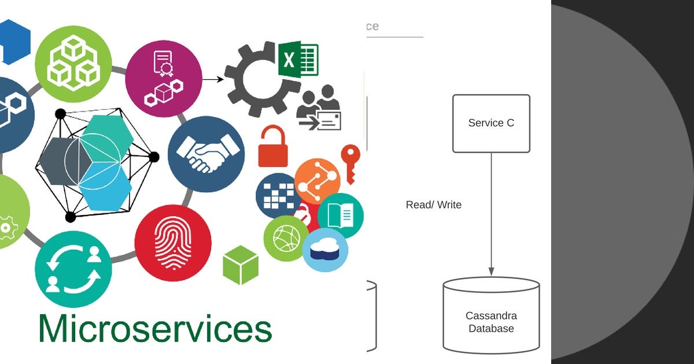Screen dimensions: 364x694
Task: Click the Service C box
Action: [491, 123]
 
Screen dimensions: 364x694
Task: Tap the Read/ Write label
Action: [433, 205]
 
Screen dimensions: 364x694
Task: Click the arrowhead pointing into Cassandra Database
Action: [491, 271]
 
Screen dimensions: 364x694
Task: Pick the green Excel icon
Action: [298, 59]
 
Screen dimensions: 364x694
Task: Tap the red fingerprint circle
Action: [173, 243]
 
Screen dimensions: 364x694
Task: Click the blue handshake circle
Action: [206, 154]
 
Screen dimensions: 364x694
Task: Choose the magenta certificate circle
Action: [164, 79]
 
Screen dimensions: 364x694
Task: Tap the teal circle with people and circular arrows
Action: [73, 269]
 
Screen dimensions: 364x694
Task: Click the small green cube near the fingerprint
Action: [241, 265]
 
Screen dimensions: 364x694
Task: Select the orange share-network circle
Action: [318, 181]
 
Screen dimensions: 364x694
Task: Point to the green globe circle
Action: [286, 237]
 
